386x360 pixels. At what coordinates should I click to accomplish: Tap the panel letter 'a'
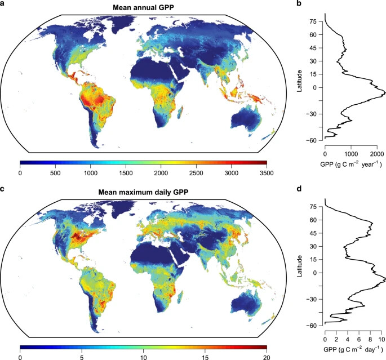tap(4, 5)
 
